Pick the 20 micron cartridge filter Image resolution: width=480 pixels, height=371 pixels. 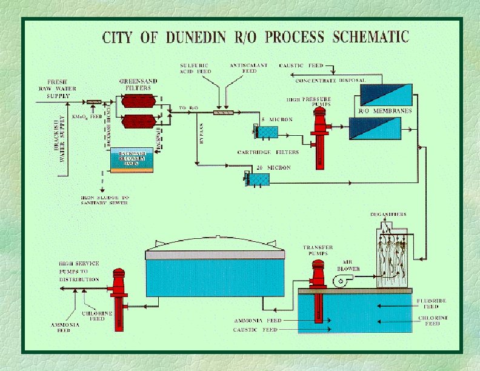[257, 178]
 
